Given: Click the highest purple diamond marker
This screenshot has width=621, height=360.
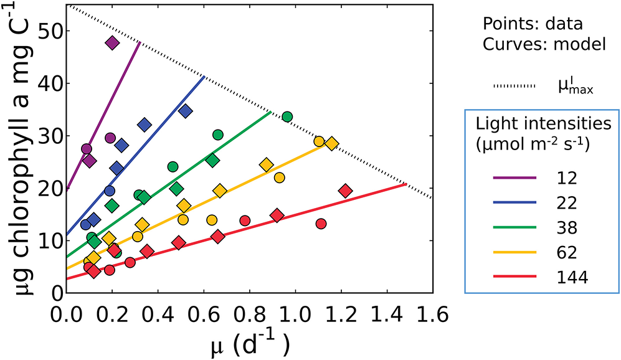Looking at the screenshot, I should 112,42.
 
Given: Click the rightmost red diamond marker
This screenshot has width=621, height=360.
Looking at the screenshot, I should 346,191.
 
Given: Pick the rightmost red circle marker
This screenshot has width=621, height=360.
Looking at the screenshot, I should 321,223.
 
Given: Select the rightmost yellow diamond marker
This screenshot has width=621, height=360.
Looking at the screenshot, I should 331,144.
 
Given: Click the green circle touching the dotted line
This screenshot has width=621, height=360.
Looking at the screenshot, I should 287,116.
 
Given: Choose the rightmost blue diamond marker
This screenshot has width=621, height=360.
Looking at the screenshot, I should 185,111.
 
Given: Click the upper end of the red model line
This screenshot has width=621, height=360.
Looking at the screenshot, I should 405,184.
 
